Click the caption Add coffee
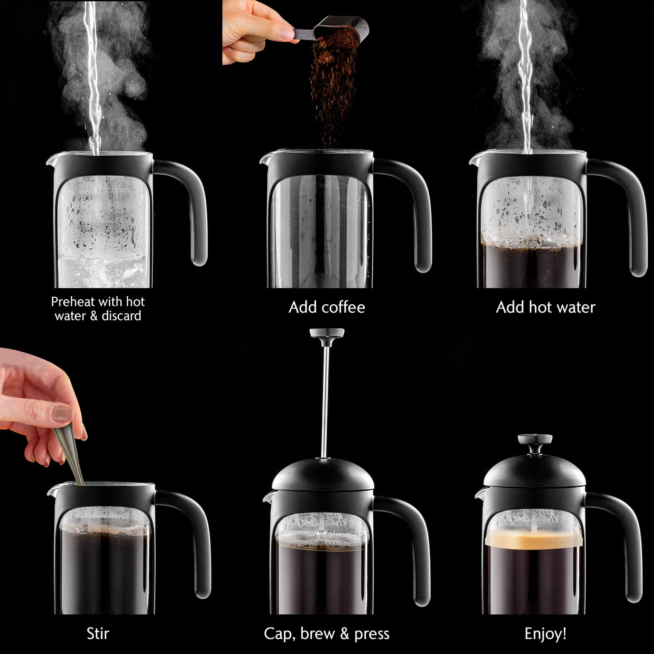327,308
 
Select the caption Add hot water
545,308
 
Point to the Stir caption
98,633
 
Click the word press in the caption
372,634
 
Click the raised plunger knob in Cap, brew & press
327,333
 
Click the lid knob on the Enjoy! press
535,440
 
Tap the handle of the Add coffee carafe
420,210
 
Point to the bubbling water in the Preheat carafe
101,271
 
